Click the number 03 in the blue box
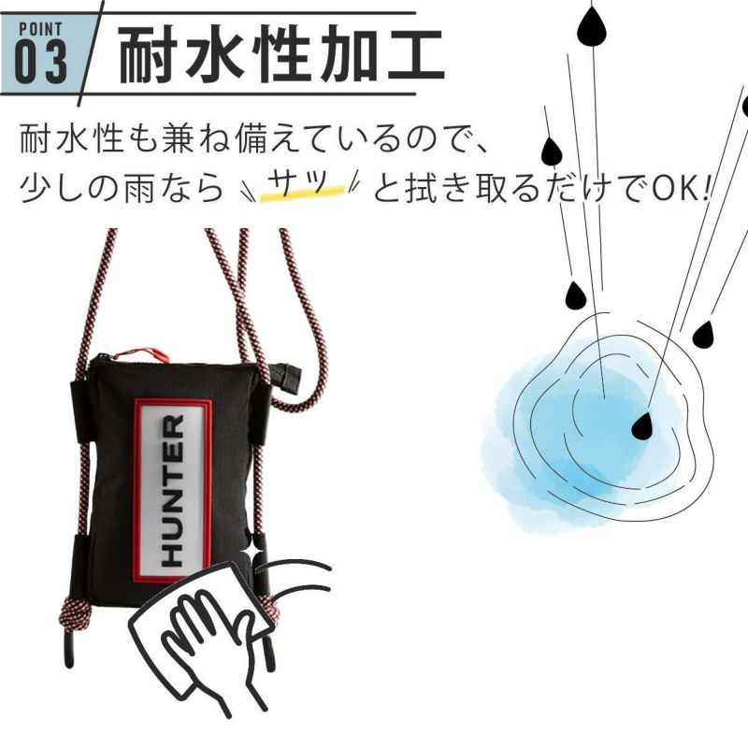pos(41,62)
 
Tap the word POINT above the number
pos(40,30)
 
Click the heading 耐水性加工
pos(281,55)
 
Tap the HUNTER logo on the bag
pos(173,490)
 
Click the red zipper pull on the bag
pos(142,354)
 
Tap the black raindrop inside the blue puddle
pos(641,425)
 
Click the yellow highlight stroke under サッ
pos(302,193)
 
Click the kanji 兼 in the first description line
pos(178,138)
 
